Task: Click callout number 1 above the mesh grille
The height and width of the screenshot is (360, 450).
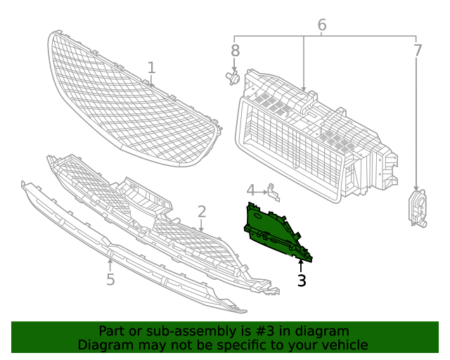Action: (x=152, y=67)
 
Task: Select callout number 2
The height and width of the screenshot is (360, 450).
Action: (x=202, y=212)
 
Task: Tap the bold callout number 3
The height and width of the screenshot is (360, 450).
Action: (x=302, y=281)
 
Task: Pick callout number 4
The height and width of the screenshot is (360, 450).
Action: (x=250, y=191)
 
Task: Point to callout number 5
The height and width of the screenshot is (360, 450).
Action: (x=110, y=279)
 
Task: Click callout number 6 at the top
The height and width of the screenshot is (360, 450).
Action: (x=322, y=25)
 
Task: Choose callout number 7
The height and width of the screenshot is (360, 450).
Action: (x=418, y=51)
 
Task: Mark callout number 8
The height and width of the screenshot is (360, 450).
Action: (x=235, y=51)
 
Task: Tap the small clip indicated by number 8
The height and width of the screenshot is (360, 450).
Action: (x=233, y=78)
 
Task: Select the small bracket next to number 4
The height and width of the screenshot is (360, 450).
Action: (x=274, y=193)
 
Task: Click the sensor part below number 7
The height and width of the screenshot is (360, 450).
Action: (x=418, y=208)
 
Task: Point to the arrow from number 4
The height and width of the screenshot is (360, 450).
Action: (x=261, y=191)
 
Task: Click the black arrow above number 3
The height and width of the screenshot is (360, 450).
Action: (x=301, y=266)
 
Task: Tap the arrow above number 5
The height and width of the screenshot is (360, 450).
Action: (x=110, y=265)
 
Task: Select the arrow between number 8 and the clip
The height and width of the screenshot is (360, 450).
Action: (x=234, y=65)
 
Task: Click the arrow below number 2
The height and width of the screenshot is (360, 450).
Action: (x=201, y=226)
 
